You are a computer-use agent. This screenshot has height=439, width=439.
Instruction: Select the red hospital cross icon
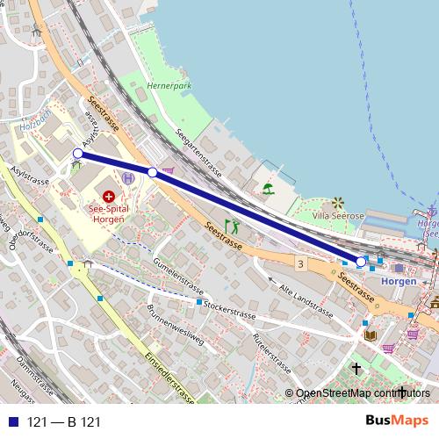(x=109, y=196)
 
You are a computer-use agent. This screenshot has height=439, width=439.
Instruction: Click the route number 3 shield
(x=300, y=263)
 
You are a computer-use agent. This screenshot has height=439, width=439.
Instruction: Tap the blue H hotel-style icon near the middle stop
(x=129, y=177)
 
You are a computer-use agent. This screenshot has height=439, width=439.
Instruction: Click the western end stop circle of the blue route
(x=77, y=154)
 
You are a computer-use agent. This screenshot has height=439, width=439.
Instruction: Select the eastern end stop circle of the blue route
(x=361, y=262)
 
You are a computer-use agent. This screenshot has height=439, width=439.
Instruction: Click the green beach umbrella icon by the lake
(x=268, y=188)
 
